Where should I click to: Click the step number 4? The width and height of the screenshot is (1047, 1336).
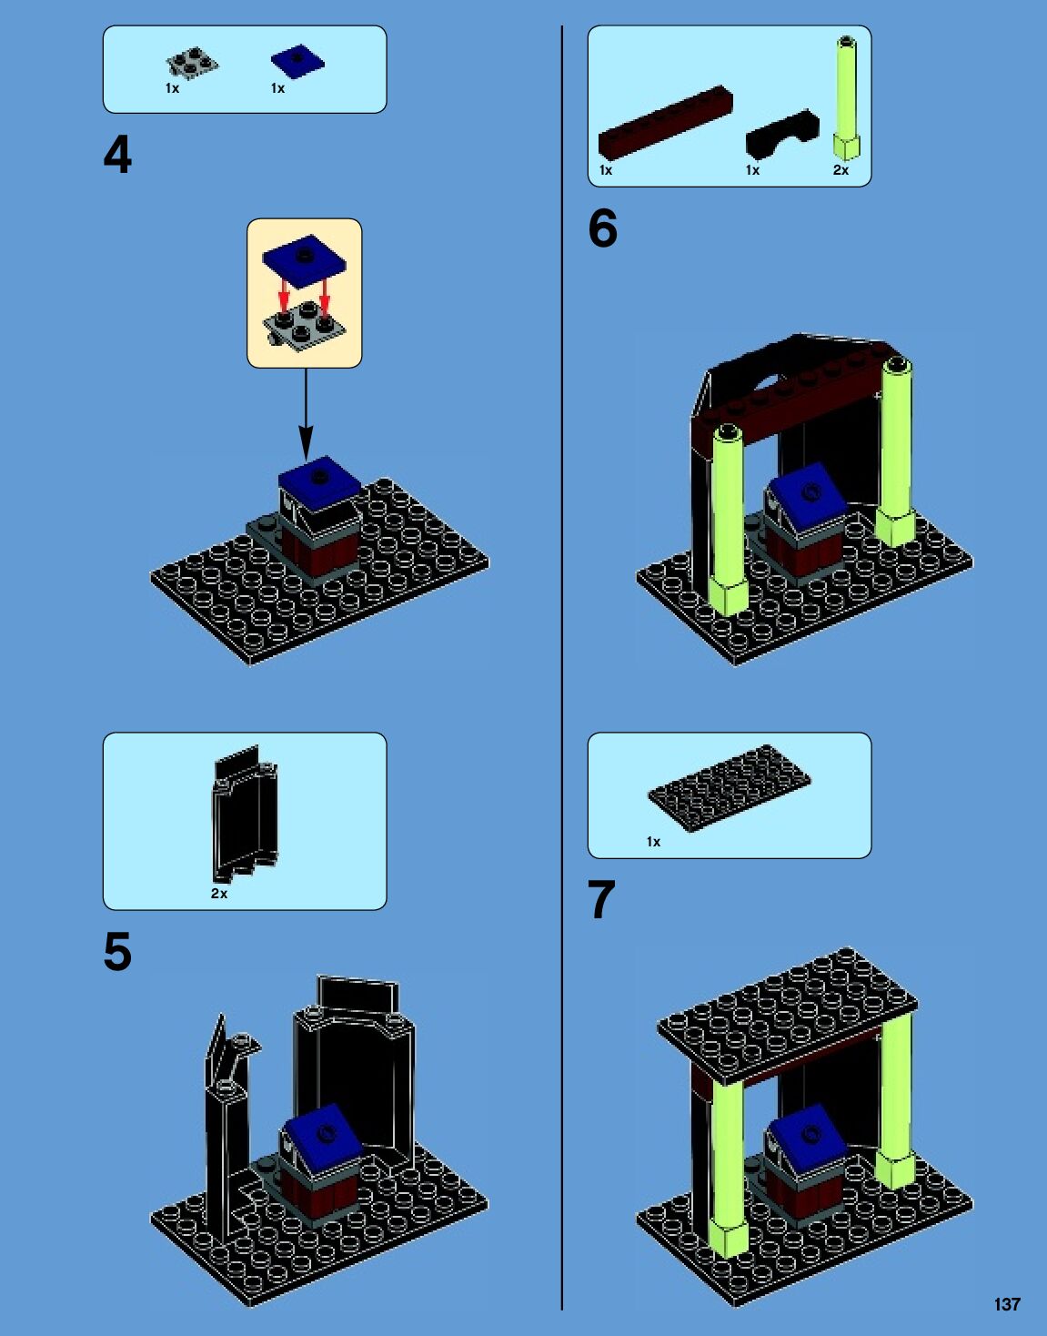pos(117,155)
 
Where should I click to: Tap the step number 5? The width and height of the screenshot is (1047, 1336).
pos(117,952)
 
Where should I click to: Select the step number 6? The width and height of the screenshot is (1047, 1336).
pos(603,228)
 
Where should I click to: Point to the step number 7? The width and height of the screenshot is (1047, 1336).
pos(601,899)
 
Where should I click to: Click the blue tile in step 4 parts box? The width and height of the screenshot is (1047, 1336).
pos(298,61)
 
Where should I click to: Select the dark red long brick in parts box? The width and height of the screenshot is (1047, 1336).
pos(666,123)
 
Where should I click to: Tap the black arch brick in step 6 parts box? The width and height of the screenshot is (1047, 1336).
pos(782,134)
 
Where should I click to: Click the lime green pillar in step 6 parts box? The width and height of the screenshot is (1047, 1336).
pos(847,97)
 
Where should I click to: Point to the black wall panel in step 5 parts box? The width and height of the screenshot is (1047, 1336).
pos(245,813)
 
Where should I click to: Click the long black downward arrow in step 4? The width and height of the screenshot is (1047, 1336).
pos(306,414)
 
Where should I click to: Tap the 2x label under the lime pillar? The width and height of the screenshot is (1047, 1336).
pos(841,170)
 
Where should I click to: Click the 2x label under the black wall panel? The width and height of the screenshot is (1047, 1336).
pos(219,894)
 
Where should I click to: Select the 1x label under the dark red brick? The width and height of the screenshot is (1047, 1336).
pos(606,170)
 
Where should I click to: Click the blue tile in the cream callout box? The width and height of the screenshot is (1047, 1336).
pos(304,260)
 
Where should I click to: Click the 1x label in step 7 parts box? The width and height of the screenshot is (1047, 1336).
pos(653,842)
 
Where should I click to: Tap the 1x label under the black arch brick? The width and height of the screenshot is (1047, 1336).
pos(752,170)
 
